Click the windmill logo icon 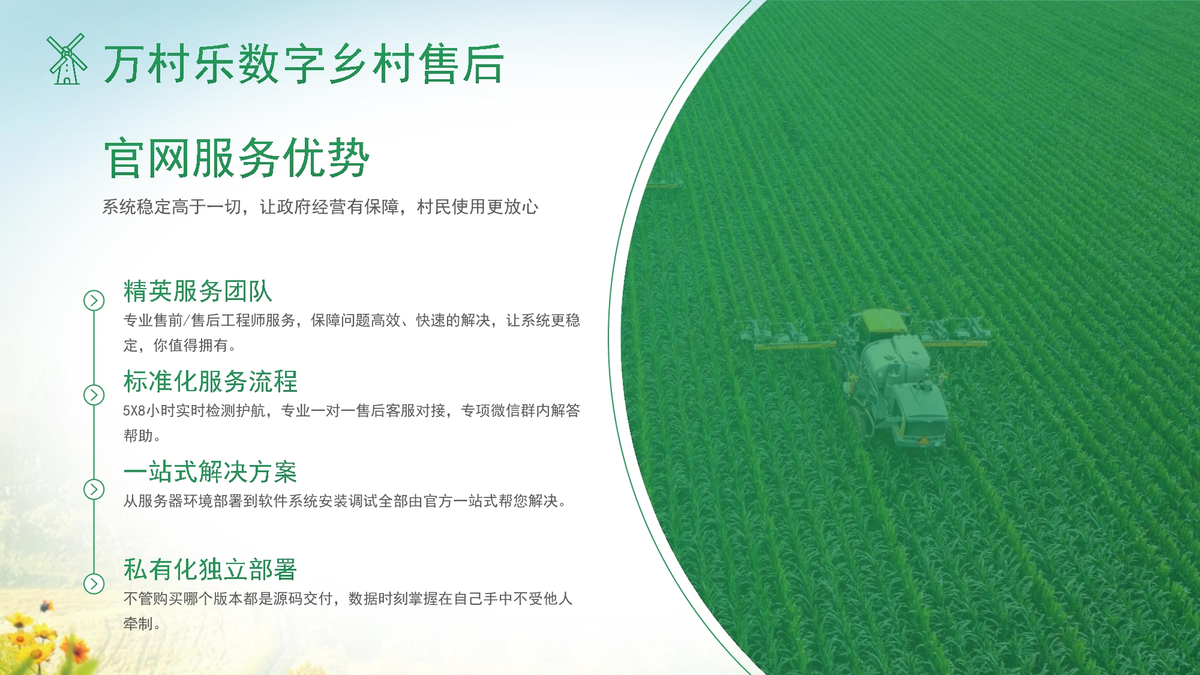coord(67,59)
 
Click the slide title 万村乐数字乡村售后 coord(303,64)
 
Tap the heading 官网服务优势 coord(236,158)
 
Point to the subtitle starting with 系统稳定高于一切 coord(320,207)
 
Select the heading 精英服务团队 coord(197,292)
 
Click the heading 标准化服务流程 coord(210,382)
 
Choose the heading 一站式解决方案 coord(210,472)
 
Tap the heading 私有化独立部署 coord(210,570)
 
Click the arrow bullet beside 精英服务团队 coord(94,301)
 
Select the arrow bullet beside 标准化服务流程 coord(94,395)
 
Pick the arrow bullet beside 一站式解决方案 coord(94,490)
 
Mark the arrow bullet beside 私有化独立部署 coord(94,583)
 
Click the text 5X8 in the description coord(134,411)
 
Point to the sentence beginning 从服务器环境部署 coord(344,501)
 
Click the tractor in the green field coord(888,378)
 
